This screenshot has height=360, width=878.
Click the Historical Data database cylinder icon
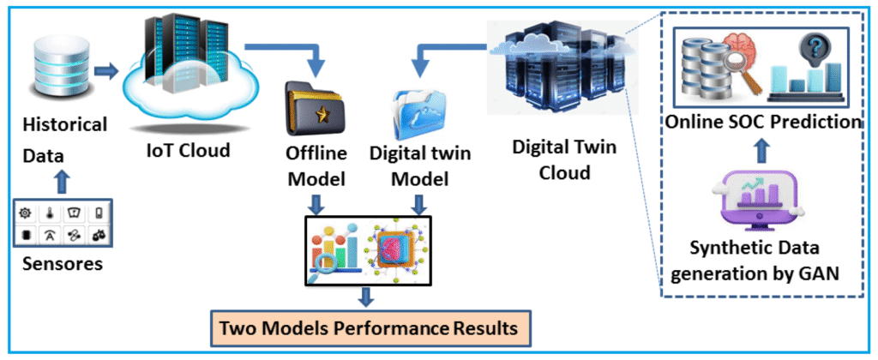point(54,64)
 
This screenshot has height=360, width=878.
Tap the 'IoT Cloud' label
point(187,151)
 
